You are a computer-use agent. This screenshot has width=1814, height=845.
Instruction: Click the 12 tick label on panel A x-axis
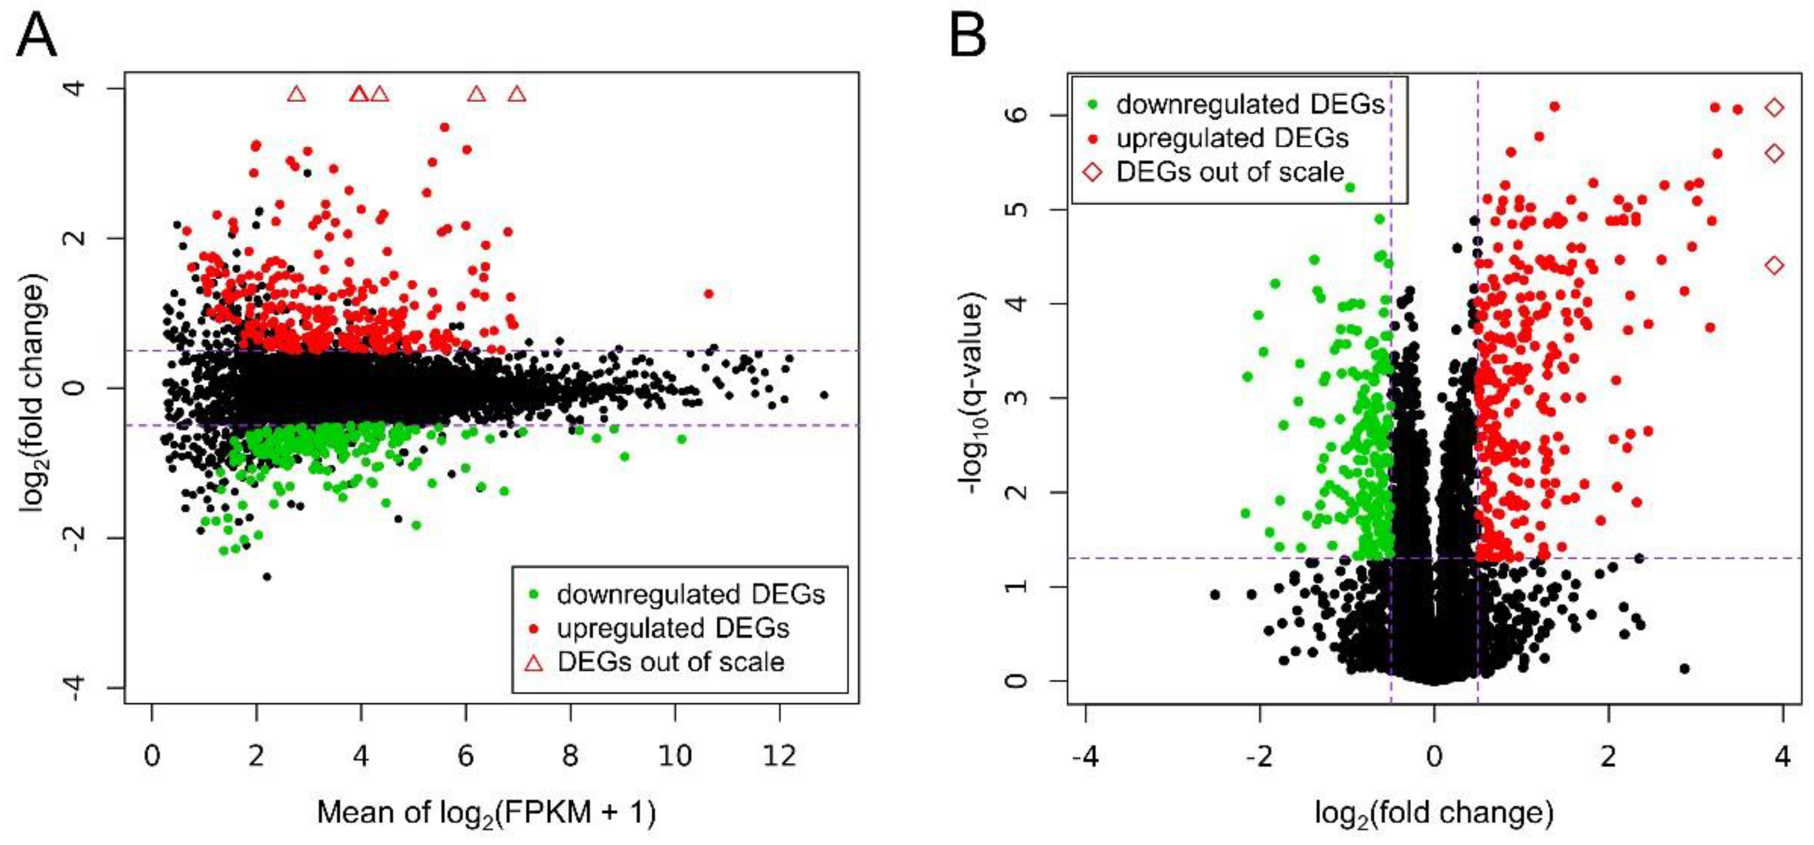point(779,756)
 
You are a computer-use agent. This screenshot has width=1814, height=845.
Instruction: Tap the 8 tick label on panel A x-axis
point(571,756)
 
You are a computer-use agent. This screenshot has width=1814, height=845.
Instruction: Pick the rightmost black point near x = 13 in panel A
point(824,394)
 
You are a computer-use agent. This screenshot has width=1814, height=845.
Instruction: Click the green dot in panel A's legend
point(534,594)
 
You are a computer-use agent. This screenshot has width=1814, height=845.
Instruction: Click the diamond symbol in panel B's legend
point(1092,172)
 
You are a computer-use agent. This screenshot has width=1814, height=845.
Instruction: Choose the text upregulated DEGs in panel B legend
point(1232,138)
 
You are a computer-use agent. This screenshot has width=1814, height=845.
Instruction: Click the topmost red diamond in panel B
point(1775,108)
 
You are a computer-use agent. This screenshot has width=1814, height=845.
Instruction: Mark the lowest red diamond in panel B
point(1775,265)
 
